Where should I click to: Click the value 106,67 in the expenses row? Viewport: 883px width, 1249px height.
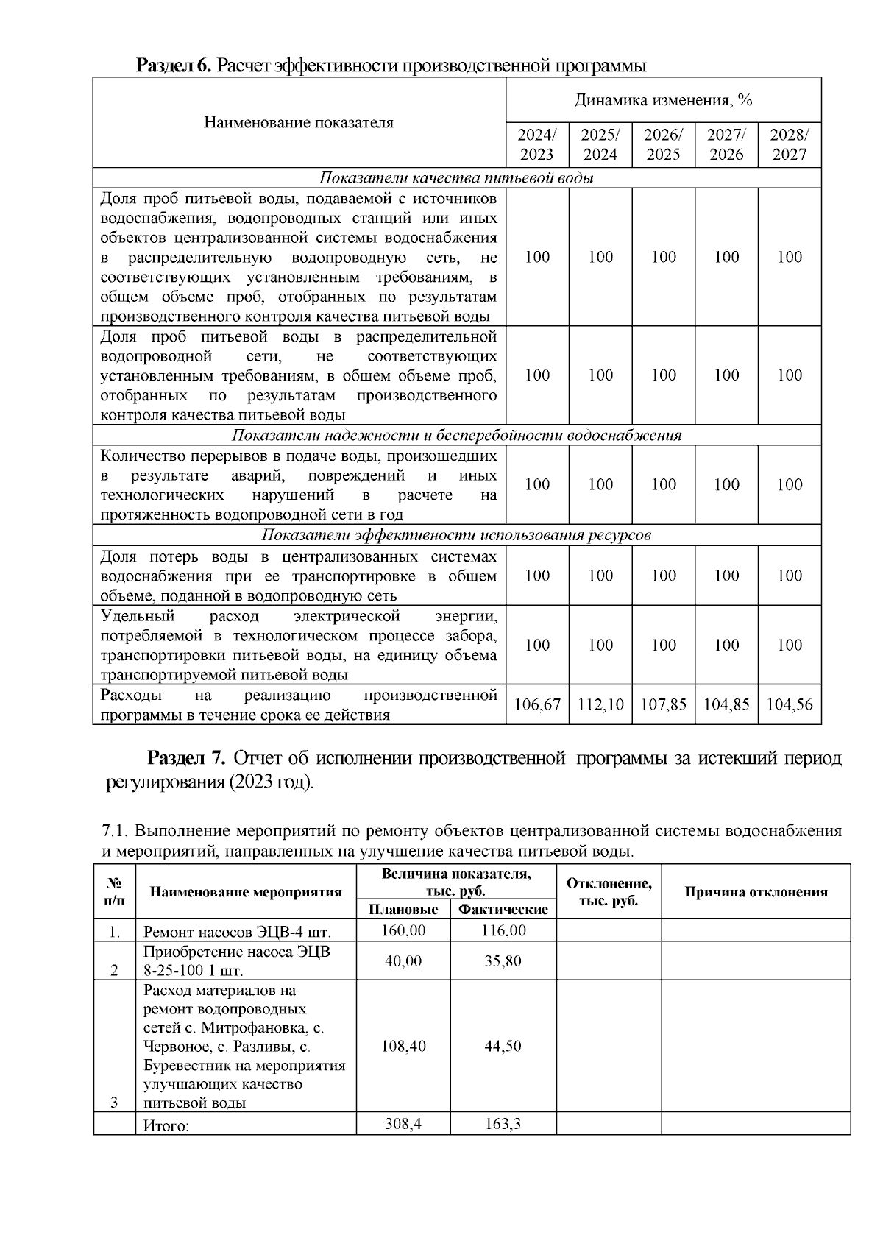537,704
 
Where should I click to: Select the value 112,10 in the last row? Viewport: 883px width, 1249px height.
600,704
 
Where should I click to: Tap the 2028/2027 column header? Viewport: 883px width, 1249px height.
790,145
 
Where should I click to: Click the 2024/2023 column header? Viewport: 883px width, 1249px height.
537,145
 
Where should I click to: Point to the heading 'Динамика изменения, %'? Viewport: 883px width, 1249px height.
663,100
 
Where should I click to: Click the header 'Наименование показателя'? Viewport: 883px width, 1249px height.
299,123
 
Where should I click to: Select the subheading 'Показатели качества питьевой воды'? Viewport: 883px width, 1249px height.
456,178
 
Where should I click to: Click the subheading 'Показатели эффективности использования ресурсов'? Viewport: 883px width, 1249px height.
456,535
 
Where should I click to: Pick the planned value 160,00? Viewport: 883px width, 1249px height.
403,930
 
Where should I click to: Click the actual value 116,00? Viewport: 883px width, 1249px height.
503,930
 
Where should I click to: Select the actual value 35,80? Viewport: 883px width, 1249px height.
503,961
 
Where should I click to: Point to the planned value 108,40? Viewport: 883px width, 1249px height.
403,1046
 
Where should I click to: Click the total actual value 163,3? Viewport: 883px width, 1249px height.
503,1124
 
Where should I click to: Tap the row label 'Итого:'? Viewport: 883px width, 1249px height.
166,1125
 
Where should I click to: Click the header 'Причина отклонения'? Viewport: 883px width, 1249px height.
756,892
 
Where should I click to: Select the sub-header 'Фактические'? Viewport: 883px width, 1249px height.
503,910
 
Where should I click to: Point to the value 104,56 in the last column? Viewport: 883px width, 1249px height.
790,704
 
